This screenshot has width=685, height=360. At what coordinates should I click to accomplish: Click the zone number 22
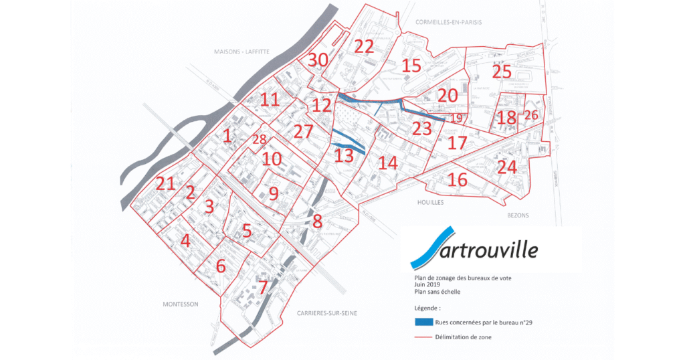[x=364, y=46]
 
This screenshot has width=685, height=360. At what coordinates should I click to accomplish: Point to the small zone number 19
[x=456, y=118]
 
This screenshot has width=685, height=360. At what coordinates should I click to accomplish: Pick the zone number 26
[x=531, y=114]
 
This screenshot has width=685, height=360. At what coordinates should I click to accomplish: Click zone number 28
[x=258, y=139]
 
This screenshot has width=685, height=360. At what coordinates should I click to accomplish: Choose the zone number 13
[x=343, y=156]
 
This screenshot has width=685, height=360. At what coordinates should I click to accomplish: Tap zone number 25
[x=501, y=71]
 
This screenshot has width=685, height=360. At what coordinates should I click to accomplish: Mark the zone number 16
[x=458, y=179]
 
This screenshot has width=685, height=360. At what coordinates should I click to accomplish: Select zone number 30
[x=318, y=60]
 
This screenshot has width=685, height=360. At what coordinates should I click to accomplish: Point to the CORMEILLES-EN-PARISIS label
[x=448, y=22]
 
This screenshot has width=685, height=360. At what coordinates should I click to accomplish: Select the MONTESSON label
[x=181, y=304]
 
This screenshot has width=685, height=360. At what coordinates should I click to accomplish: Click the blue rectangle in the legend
[x=428, y=322]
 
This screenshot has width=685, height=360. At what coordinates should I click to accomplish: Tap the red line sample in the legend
[x=428, y=337]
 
